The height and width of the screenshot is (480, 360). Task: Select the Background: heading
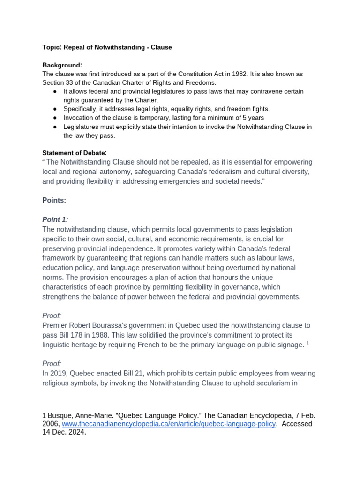(x=62, y=65)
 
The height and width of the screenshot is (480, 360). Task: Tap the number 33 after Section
(x=69, y=83)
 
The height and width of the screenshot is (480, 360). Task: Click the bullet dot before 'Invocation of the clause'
(x=55, y=118)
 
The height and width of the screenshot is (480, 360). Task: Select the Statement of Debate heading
(x=75, y=153)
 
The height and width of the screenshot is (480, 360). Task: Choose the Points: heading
(x=54, y=200)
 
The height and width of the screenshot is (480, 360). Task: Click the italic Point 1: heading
(x=55, y=219)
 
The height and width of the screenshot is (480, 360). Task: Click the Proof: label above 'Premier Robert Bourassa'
(x=52, y=315)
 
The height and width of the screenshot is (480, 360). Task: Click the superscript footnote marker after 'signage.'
(x=307, y=343)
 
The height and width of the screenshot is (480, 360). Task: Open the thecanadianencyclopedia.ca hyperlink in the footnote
(x=169, y=424)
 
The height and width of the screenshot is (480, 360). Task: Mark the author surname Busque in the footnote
(x=60, y=415)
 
